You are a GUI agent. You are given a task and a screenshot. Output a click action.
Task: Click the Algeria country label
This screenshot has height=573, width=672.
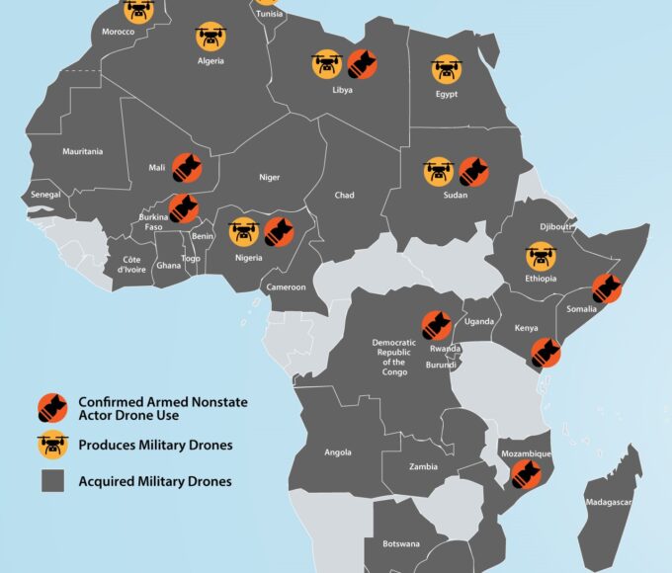(x=210, y=61)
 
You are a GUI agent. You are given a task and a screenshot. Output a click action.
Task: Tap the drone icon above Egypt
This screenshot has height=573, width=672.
(x=447, y=69)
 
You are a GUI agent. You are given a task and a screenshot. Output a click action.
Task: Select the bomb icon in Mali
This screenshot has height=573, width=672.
(x=188, y=169)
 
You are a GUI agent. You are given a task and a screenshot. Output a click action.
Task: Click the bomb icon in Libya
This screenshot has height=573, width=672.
(x=362, y=64)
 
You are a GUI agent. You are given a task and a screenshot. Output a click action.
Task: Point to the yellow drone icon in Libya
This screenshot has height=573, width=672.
(x=328, y=65)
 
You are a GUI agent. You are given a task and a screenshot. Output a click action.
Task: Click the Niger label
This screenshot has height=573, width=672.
(x=269, y=178)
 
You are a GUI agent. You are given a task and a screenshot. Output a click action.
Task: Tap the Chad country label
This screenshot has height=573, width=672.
(x=344, y=196)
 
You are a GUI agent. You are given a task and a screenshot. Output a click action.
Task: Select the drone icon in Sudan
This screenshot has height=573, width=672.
(x=439, y=171)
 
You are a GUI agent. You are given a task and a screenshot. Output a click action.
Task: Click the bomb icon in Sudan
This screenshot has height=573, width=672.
(x=473, y=171)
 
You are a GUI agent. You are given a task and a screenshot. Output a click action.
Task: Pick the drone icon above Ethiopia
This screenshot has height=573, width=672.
(x=541, y=256)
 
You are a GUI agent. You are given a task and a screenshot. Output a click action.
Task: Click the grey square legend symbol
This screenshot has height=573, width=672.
(x=52, y=481)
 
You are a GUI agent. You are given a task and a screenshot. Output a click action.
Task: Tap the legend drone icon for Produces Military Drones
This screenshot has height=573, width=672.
(x=52, y=445)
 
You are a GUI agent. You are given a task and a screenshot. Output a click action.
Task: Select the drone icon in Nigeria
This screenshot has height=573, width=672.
(x=244, y=232)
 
